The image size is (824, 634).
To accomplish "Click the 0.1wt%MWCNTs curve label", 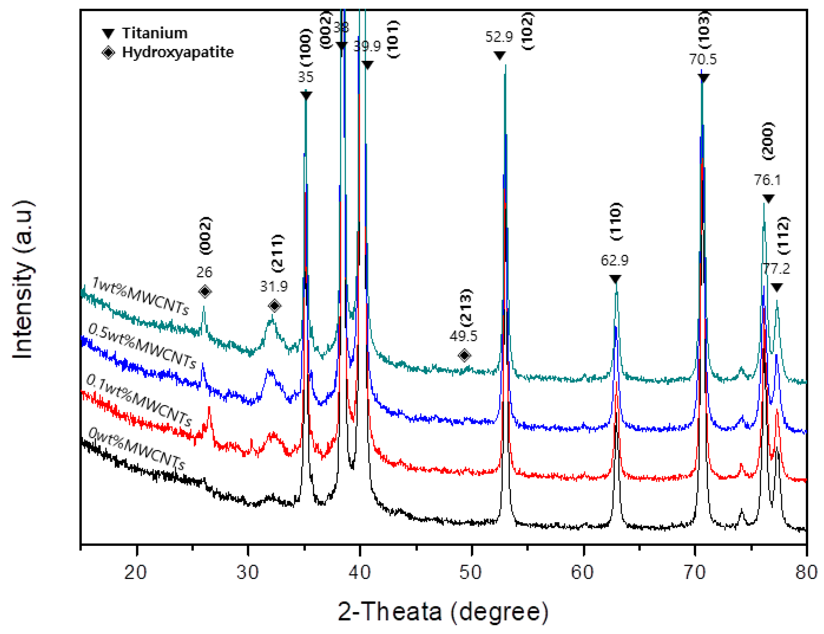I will click(x=139, y=400).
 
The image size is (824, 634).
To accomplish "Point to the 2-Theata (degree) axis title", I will click(x=443, y=611).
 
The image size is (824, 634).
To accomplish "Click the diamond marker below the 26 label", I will click(x=205, y=291).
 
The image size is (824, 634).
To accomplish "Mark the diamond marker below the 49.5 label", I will click(x=464, y=355).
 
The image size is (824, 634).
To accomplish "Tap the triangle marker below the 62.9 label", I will click(x=615, y=279).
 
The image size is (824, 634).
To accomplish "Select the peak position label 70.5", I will click(x=702, y=59).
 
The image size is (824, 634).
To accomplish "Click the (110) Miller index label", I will click(x=616, y=222).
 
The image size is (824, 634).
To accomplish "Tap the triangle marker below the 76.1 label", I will click(x=768, y=199).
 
